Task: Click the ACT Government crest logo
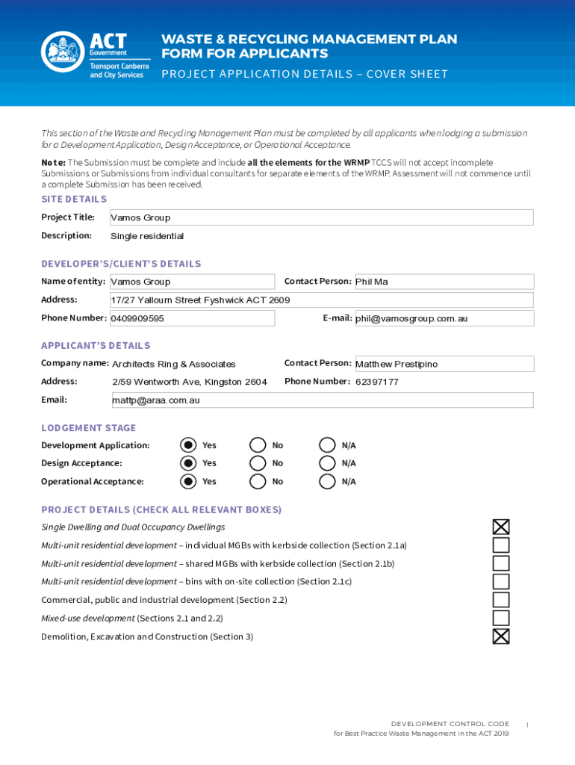coord(63,52)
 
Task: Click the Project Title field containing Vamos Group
coord(321,217)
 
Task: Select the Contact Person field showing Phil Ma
coord(444,282)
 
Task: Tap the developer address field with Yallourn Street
coord(321,300)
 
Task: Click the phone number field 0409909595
coord(192,318)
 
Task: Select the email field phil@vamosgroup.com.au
coord(444,318)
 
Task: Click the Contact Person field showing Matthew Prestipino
coord(444,364)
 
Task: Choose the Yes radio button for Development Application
coord(189,445)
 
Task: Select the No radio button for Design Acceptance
coord(258,463)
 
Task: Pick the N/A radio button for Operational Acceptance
coord(327,481)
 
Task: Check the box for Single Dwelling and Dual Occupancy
coord(501,527)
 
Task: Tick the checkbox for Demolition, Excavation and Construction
coord(501,637)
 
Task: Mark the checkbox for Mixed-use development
coord(501,619)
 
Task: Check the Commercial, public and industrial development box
coord(501,600)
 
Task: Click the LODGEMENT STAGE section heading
coord(89,428)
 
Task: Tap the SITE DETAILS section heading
coord(74,199)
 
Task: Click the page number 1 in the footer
coord(527,725)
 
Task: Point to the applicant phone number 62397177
coord(377,382)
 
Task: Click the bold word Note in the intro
coord(52,163)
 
